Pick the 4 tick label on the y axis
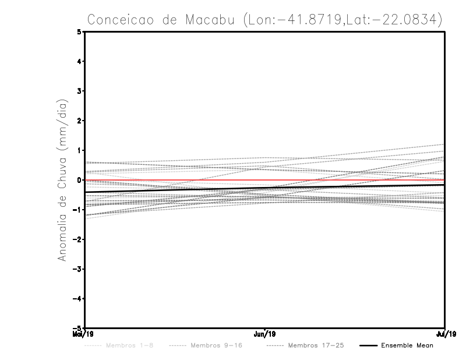[79, 61]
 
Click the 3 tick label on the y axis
[79, 91]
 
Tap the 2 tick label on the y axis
[79, 121]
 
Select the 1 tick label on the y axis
[79, 150]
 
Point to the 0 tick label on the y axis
[79, 180]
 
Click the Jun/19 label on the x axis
[265, 334]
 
